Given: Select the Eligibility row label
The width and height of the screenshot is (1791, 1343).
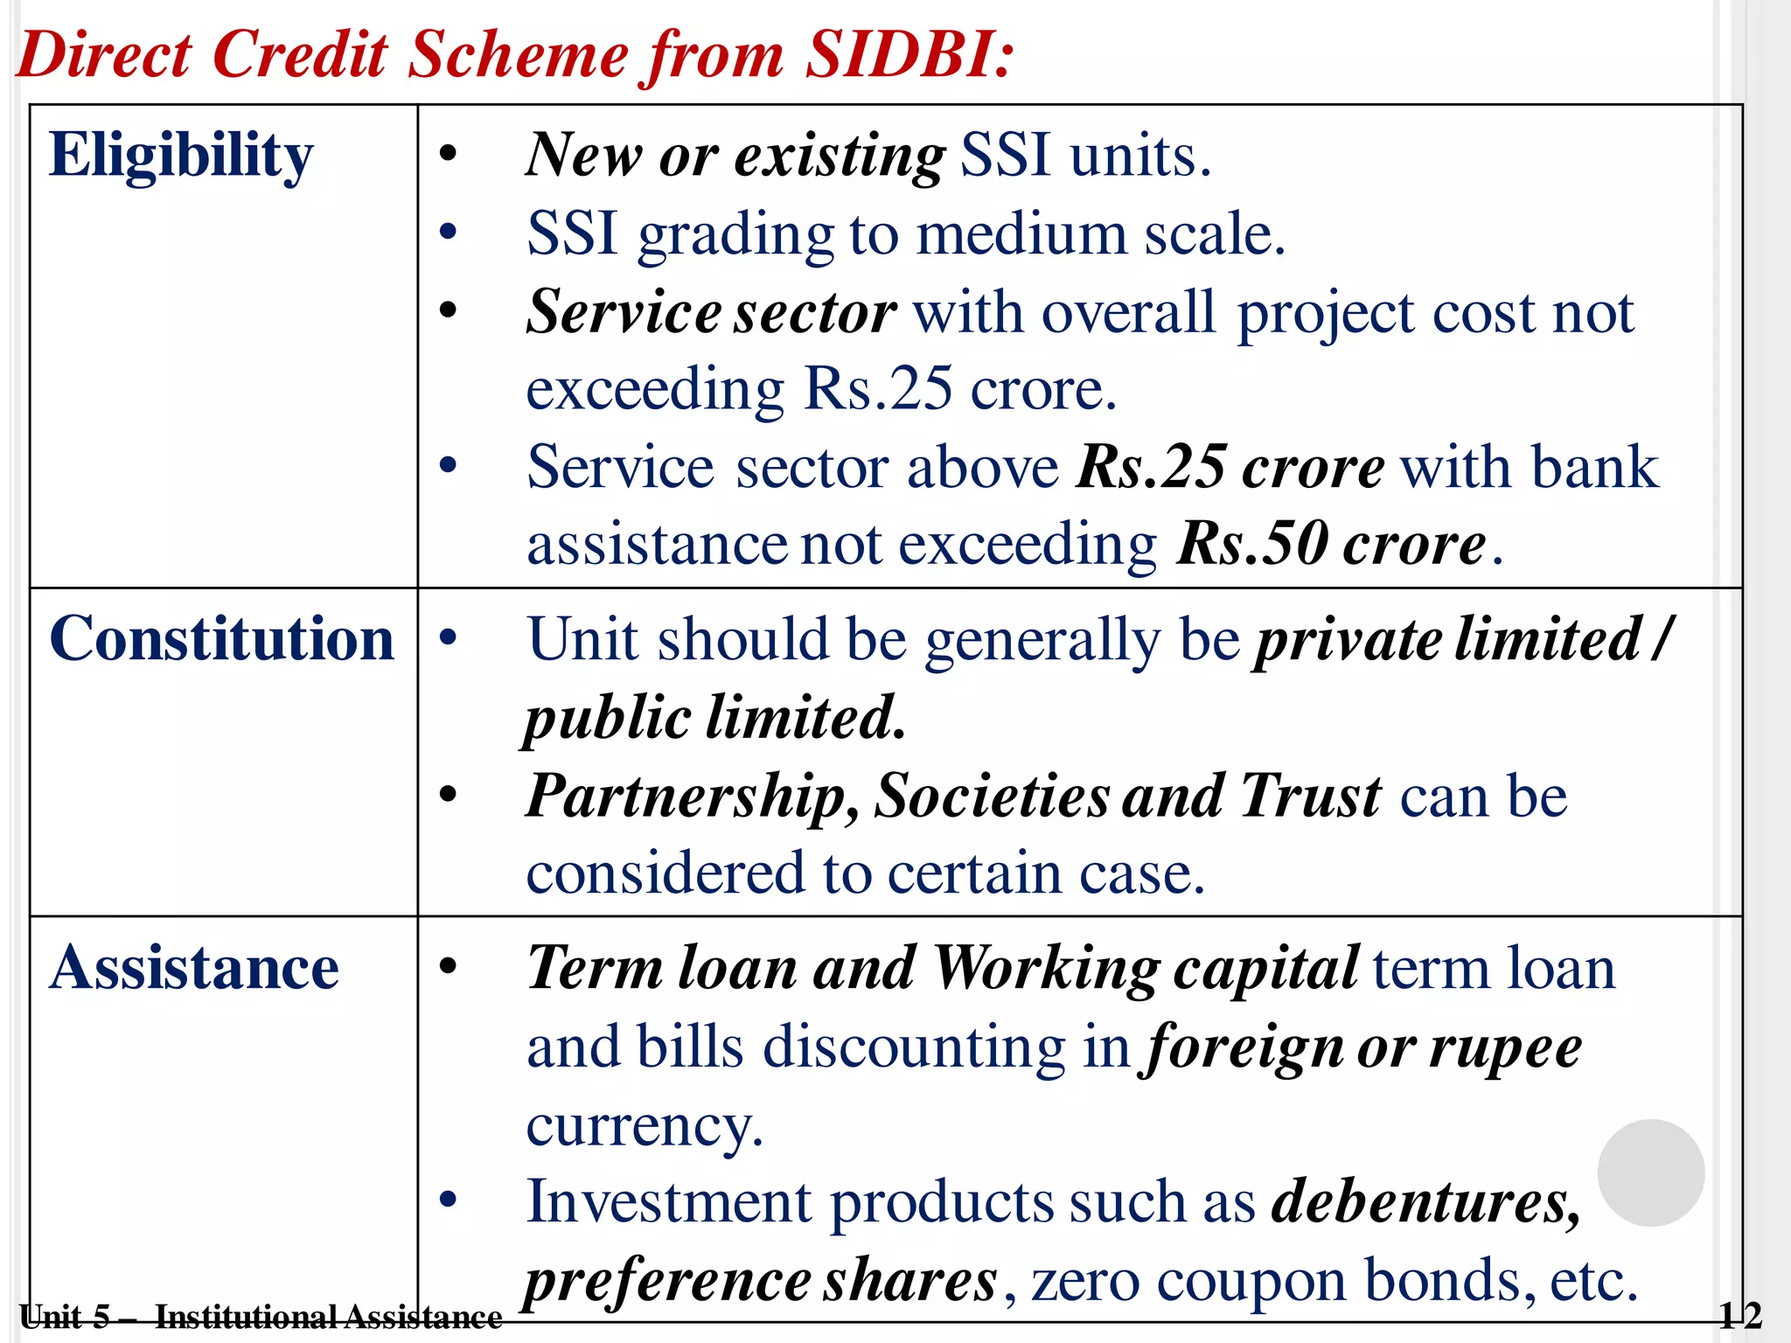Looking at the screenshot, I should click(181, 156).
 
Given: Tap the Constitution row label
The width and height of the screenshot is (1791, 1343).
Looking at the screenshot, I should click(222, 638).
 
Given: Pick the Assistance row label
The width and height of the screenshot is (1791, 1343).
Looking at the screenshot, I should click(194, 968).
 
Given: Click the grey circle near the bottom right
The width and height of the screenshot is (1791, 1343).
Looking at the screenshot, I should click(1650, 1173).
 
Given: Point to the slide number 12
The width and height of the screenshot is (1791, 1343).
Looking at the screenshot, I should click(1739, 1315).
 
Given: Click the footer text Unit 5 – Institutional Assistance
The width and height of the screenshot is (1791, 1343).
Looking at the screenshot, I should click(261, 1316).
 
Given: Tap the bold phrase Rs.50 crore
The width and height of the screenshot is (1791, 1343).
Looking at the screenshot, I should click(1331, 544).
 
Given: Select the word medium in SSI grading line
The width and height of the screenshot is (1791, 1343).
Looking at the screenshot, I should click(1021, 234).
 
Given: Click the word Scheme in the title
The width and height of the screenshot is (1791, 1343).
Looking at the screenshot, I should click(519, 54).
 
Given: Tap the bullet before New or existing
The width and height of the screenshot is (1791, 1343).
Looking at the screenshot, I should click(449, 155).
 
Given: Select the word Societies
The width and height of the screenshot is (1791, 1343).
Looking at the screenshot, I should click(992, 797).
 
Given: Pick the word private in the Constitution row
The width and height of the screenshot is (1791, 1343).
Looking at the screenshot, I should click(1348, 639).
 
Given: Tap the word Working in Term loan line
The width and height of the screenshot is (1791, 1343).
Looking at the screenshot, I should click(1047, 969).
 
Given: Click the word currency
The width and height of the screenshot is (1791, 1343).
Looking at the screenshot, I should click(645, 1125).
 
